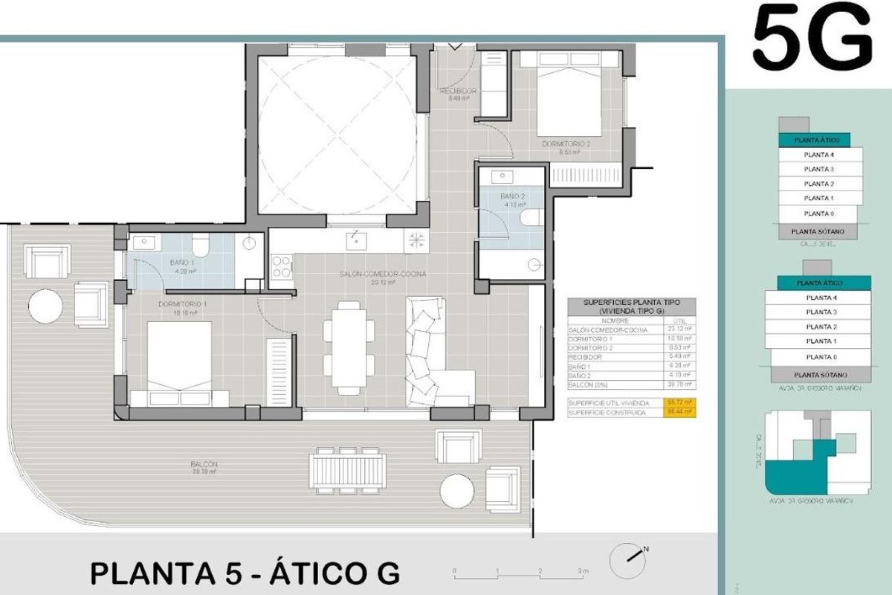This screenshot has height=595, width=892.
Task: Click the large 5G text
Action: click(x=812, y=37)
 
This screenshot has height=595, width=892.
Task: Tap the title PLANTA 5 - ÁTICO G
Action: click(x=245, y=573)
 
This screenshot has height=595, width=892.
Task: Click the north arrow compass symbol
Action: click(x=629, y=555)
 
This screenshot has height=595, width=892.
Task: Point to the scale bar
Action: click(x=520, y=572)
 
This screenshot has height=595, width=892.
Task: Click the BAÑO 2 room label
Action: click(x=513, y=198)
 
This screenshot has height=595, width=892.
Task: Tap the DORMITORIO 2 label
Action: click(x=566, y=144)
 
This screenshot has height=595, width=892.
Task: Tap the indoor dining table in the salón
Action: click(x=349, y=347)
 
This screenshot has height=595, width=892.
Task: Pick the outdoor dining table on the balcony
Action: click(x=348, y=470)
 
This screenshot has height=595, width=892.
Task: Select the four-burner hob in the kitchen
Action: click(x=282, y=266)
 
